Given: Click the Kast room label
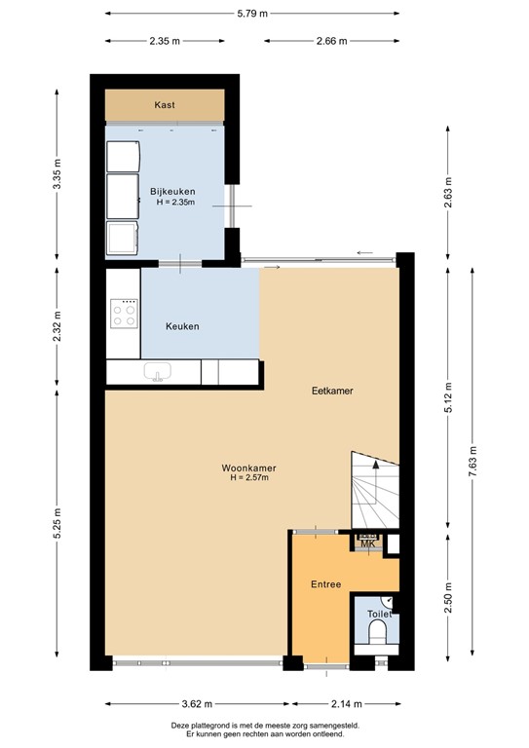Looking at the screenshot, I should (x=166, y=104).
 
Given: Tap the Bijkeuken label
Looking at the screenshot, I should (x=171, y=191).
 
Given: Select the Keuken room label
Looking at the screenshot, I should (x=182, y=326).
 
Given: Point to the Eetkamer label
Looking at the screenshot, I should (x=332, y=391).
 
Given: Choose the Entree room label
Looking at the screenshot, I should (x=325, y=584).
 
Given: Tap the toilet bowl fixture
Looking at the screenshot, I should (x=378, y=634).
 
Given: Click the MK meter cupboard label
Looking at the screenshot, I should (x=367, y=544).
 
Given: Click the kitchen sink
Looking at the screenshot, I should (x=158, y=371).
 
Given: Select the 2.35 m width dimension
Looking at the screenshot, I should (x=166, y=41).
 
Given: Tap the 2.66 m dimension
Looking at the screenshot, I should (x=333, y=41).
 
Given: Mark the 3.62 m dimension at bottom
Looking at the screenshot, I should (x=198, y=704).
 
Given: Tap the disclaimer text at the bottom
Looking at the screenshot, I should (x=264, y=729).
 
